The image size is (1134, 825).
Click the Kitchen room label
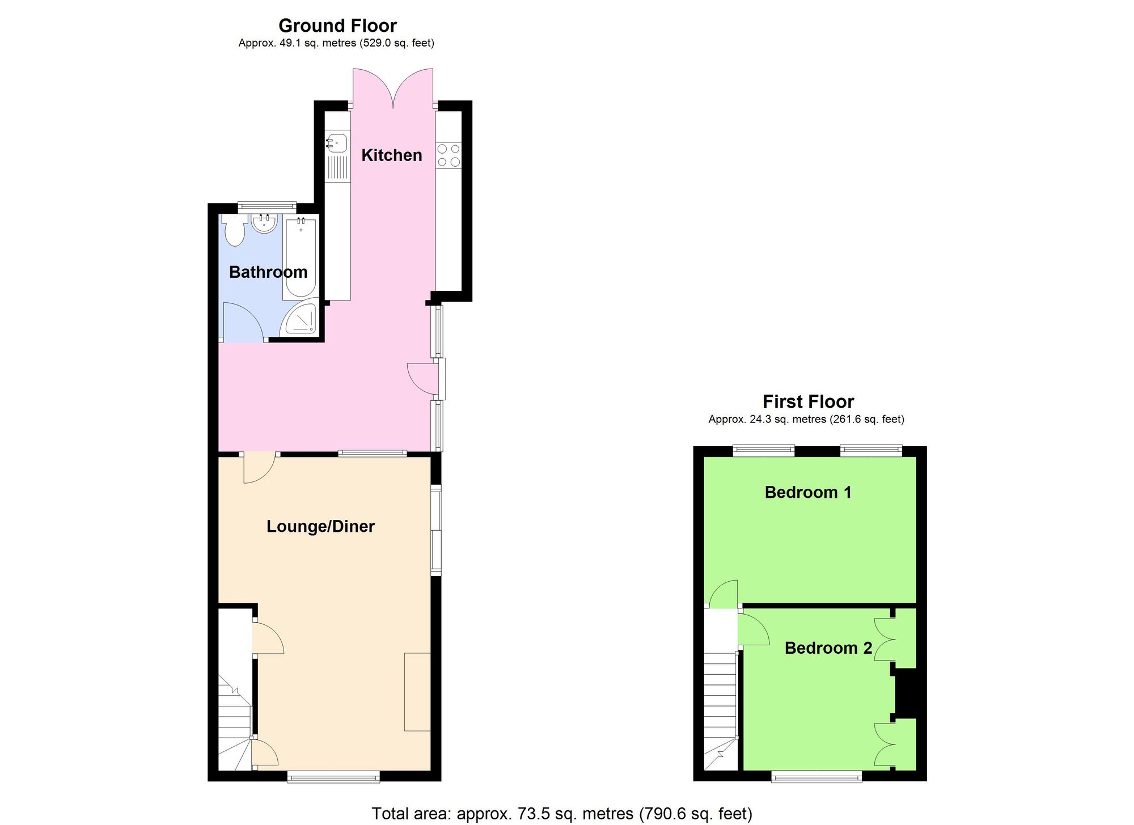tap(391, 155)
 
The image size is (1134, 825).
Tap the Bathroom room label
tap(268, 272)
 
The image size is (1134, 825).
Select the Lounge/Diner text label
tap(320, 527)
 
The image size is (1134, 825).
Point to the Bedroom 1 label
tap(808, 492)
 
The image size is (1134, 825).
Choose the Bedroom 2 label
tap(828, 648)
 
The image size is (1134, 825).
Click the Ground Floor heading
tap(337, 26)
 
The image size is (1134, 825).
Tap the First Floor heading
tap(808, 401)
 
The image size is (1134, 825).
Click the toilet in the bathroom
tap(234, 230)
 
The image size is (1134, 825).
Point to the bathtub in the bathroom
tap(300, 258)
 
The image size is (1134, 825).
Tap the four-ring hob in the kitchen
tap(448, 155)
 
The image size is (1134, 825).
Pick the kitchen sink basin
tap(337, 142)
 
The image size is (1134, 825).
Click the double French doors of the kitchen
tap(393, 88)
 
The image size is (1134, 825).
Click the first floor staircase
tap(721, 714)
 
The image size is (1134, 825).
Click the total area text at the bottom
tap(561, 814)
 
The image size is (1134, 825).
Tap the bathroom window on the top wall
tap(266, 207)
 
